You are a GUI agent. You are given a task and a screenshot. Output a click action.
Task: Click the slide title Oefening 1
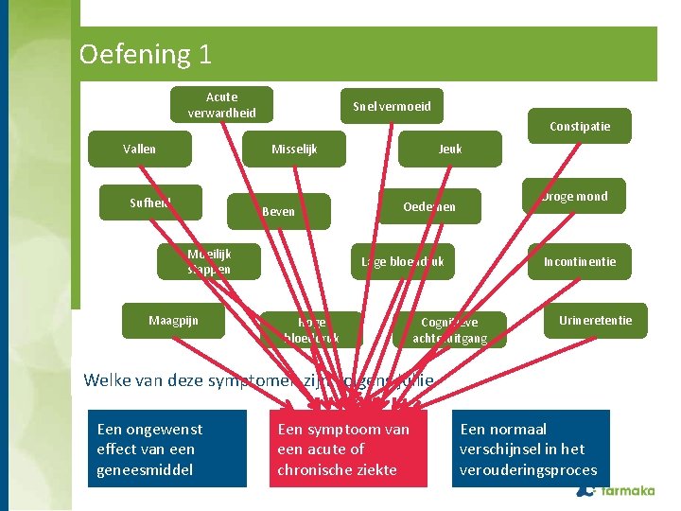[x=146, y=54]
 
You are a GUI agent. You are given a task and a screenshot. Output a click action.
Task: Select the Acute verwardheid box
[x=221, y=105]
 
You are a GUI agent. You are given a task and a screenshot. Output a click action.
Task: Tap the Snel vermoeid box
[x=392, y=106]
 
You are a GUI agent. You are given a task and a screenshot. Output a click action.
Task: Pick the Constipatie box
[x=580, y=126]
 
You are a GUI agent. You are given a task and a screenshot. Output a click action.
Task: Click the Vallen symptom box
[x=139, y=149]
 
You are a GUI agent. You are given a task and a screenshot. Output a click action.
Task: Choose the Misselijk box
[x=294, y=150]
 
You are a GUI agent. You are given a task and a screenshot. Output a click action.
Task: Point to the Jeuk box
[x=450, y=149]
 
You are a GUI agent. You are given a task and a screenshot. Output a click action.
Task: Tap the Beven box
[x=278, y=211]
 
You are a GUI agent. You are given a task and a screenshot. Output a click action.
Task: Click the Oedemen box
[x=429, y=206]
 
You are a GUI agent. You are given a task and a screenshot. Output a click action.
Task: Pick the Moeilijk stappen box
[x=209, y=261]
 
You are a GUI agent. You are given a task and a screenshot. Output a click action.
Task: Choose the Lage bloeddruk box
[x=402, y=261]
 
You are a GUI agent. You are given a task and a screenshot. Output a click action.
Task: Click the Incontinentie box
[x=579, y=261]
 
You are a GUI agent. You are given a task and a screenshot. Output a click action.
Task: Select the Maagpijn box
[x=173, y=321]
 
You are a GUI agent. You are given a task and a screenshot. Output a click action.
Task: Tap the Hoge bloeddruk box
[x=311, y=329]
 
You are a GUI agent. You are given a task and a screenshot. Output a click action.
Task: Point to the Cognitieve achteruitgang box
[x=449, y=329]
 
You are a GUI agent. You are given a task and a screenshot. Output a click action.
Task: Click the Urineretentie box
[x=595, y=320]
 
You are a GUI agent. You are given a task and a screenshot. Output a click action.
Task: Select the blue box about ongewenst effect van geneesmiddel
[x=167, y=449]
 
